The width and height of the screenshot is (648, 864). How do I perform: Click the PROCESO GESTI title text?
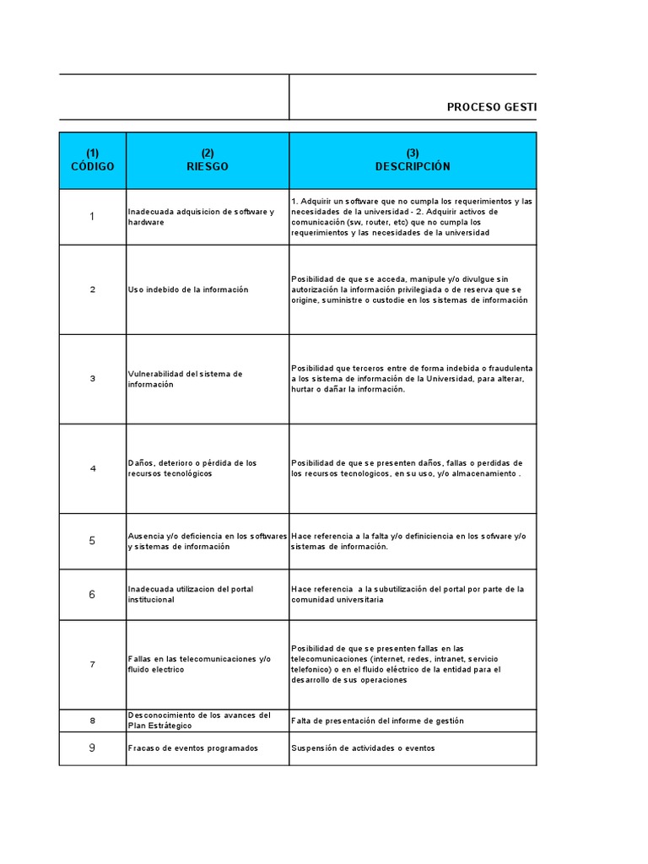491,107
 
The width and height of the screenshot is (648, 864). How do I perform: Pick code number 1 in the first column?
93,217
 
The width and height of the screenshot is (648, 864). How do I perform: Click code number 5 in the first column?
93,541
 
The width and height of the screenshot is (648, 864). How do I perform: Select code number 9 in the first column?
93,748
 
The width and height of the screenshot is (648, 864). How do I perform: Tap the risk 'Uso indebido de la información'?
188,289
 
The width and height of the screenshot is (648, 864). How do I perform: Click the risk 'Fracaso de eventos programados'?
193,748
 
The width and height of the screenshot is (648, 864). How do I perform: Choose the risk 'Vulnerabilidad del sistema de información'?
186,379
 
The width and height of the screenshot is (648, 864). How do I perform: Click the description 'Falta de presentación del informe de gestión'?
377,721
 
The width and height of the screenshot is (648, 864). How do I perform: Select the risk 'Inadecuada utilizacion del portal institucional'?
191,594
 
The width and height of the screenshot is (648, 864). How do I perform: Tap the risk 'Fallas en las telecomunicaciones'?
200,664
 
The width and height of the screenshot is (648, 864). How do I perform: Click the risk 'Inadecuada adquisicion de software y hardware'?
202,216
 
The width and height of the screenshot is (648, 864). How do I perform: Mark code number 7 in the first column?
93,664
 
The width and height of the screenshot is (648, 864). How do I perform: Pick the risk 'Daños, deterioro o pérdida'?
192,468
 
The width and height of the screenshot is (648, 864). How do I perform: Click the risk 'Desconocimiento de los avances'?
199,720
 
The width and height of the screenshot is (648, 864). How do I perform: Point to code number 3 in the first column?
93,379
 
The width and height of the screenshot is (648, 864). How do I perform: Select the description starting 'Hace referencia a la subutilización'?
408,594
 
